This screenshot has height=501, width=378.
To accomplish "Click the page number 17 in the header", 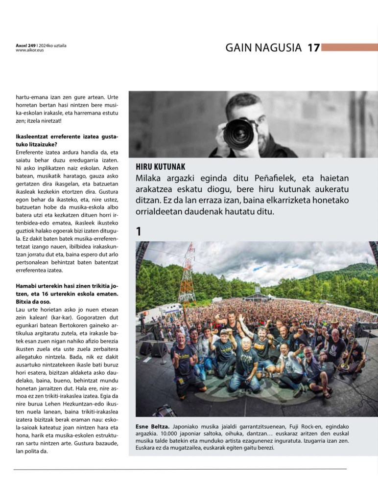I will click(313, 47).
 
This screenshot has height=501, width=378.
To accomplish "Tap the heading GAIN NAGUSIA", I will click(263, 47).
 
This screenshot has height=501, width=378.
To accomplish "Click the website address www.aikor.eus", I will click(29, 50).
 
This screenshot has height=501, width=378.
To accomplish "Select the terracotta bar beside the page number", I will click(349, 47).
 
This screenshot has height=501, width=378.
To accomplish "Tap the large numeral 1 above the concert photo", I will click(139, 231).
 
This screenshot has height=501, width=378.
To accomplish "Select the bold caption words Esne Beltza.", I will click(152, 427).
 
